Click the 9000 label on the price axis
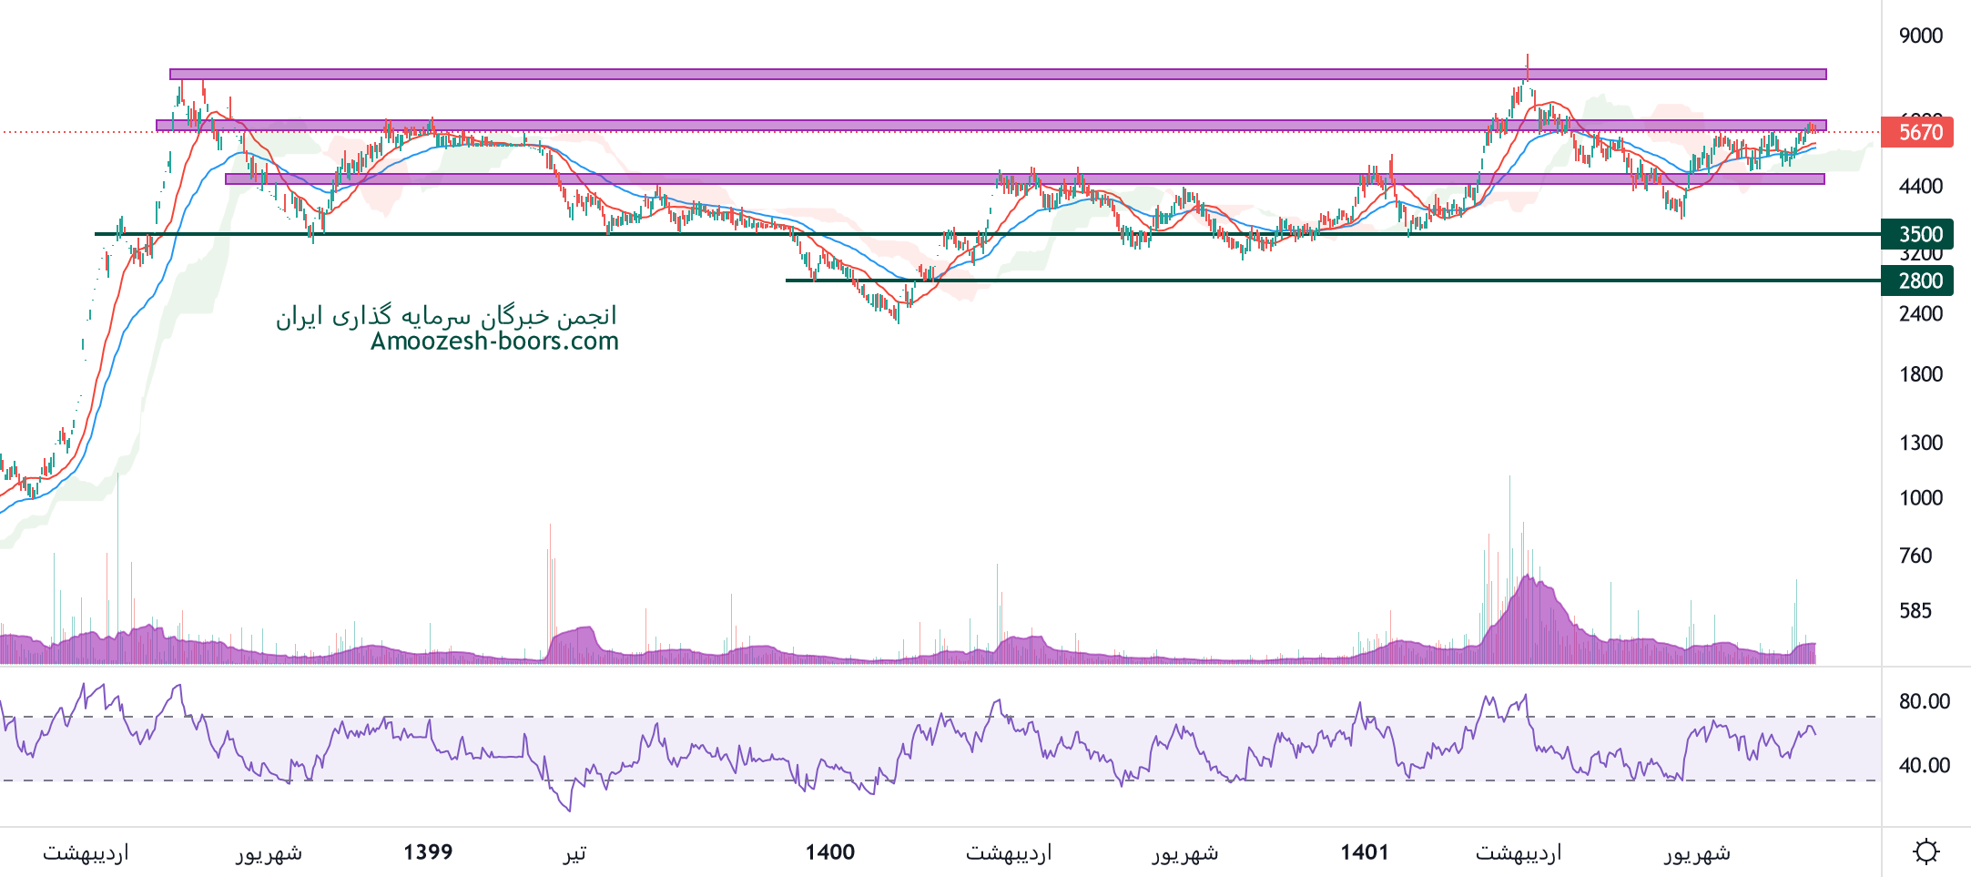(1920, 36)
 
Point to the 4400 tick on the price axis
(1920, 186)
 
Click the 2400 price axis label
(1920, 313)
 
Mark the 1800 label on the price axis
(1920, 374)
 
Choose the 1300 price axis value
(1920, 443)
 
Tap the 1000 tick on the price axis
(1920, 498)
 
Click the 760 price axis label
(1915, 556)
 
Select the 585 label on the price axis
(1915, 611)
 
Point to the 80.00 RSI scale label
(1924, 701)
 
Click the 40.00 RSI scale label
(1924, 765)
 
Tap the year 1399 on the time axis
(428, 852)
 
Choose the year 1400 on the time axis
(829, 852)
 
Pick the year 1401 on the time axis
(1364, 852)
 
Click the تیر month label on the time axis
(574, 852)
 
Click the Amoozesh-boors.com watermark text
(494, 342)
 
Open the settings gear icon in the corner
(1925, 852)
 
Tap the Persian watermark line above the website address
(446, 316)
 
